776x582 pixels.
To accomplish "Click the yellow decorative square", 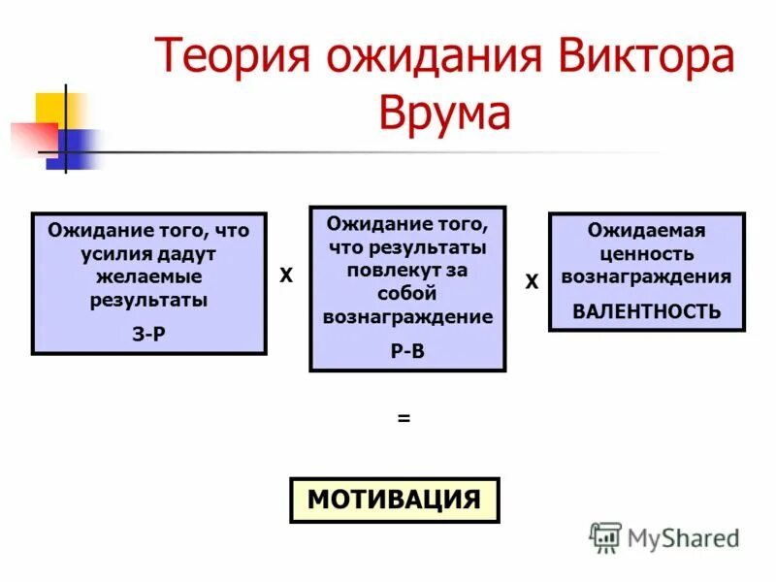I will [x=55, y=110].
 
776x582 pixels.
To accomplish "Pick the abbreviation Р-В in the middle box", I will [x=406, y=352].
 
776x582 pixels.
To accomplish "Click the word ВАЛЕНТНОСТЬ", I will [x=647, y=311].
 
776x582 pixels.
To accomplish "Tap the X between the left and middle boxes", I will [x=286, y=276].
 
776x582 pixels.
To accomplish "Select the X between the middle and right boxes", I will [x=531, y=282].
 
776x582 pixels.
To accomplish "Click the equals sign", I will [x=404, y=419].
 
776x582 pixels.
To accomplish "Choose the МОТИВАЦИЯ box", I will [x=394, y=501].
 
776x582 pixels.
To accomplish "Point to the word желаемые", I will [x=148, y=277].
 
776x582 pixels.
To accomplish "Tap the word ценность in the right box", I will [x=646, y=254].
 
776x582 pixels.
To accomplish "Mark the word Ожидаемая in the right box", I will [x=646, y=231].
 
